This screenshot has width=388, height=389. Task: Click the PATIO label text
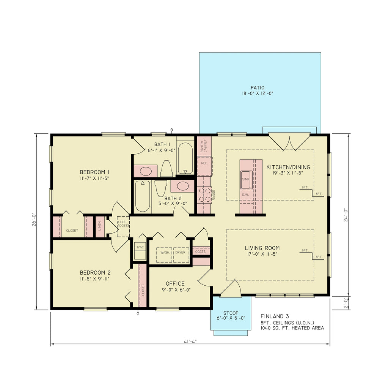click(260, 88)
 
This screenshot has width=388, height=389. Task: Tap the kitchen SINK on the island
click(246, 179)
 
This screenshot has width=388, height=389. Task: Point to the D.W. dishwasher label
click(245, 195)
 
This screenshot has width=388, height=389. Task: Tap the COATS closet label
click(200, 252)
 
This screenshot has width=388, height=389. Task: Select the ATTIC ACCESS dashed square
click(123, 226)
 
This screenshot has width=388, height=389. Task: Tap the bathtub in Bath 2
click(143, 196)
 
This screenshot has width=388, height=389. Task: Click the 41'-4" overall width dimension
click(190, 341)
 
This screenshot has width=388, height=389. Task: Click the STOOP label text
click(231, 313)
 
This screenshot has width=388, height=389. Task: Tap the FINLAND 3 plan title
click(275, 316)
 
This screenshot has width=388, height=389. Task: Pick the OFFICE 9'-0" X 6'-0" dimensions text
click(175, 290)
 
